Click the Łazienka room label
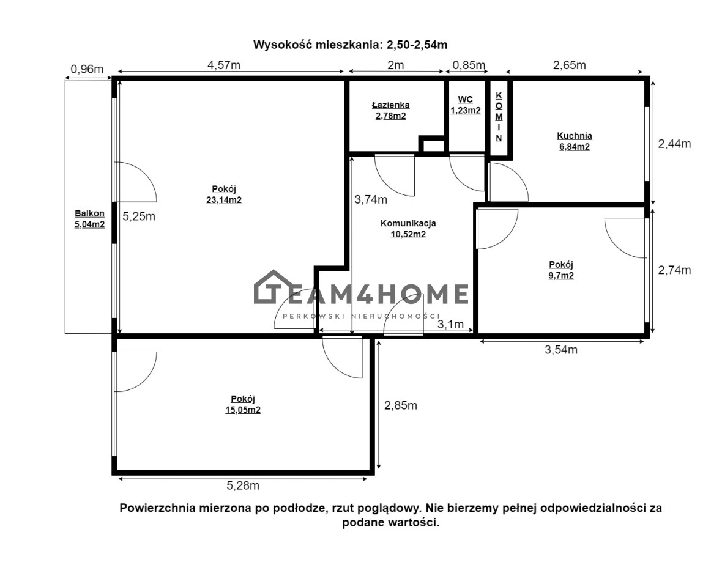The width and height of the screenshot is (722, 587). click(x=390, y=105)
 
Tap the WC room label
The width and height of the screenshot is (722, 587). click(x=465, y=100)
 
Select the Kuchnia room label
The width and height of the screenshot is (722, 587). click(x=574, y=136)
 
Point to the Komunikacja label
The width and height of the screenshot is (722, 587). click(x=408, y=223)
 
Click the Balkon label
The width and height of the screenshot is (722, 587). click(x=89, y=213)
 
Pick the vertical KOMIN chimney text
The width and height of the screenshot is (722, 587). click(x=499, y=117)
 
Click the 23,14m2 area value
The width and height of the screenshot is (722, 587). click(x=224, y=200)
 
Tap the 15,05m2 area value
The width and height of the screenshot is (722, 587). click(x=243, y=410)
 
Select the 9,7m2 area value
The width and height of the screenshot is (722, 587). click(x=561, y=276)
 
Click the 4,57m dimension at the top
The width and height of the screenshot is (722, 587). click(x=224, y=65)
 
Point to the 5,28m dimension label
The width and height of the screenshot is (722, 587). click(x=243, y=485)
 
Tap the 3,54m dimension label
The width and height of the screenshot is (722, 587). click(x=561, y=350)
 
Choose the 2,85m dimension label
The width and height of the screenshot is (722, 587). click(x=401, y=405)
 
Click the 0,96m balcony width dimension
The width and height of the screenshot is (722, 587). click(x=87, y=69)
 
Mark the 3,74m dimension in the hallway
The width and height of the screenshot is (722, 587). click(x=371, y=199)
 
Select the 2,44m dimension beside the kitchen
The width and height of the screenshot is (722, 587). click(x=674, y=144)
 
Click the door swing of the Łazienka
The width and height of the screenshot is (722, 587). click(x=395, y=175)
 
